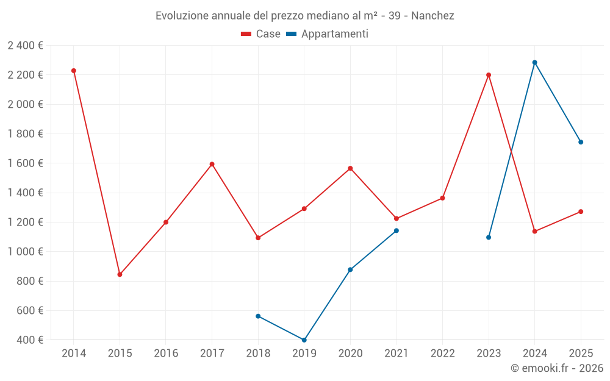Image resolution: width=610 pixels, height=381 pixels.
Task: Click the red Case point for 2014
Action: tap(74, 71)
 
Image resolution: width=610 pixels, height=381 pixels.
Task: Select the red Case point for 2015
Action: tap(120, 274)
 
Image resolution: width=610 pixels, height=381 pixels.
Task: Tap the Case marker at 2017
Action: tap(212, 164)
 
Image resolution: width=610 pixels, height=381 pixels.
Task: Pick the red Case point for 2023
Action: tap(489, 75)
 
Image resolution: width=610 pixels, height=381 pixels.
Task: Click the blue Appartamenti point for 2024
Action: tap(535, 62)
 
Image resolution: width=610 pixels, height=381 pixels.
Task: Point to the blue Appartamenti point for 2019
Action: tap(304, 340)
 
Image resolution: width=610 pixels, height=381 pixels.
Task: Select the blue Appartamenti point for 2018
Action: tap(258, 316)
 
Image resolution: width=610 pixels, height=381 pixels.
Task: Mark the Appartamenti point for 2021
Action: tap(396, 230)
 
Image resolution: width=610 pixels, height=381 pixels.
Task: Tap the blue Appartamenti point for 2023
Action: tap(489, 237)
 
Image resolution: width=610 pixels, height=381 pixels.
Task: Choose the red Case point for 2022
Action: tap(442, 198)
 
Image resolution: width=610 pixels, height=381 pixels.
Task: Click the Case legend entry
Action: tap(261, 34)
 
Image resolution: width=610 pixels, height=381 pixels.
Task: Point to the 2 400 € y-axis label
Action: tap(25, 45)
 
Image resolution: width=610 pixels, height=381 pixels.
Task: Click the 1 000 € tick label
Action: tap(25, 252)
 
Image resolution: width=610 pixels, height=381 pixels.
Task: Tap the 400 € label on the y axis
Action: tap(29, 340)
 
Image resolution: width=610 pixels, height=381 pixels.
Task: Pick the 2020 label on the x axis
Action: tap(350, 353)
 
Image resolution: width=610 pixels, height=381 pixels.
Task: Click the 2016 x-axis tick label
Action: tap(166, 353)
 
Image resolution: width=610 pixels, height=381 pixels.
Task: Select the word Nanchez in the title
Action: tap(432, 15)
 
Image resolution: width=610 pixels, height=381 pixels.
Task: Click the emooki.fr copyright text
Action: tap(557, 368)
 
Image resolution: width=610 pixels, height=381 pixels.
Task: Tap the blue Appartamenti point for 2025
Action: tap(581, 142)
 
